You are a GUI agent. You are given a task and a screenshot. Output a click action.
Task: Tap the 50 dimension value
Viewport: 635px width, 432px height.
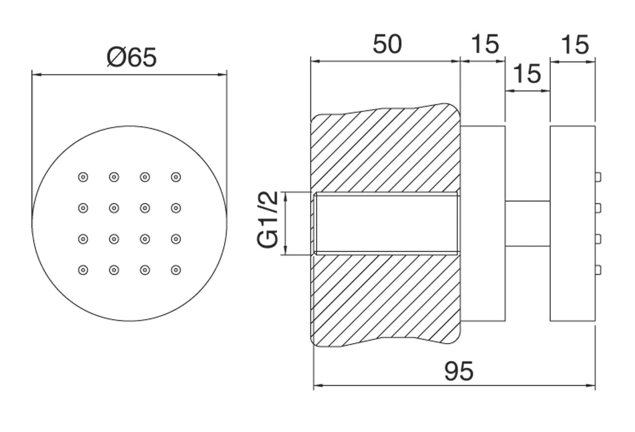click(387, 44)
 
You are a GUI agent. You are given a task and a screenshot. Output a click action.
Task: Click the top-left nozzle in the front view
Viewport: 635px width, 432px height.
click(83, 177)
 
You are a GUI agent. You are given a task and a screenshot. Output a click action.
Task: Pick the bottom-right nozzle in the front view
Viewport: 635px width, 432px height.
click(176, 270)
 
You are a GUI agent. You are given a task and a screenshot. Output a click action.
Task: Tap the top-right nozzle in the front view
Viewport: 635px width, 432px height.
click(176, 177)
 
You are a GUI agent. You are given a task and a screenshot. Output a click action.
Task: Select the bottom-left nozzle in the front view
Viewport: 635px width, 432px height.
click(83, 270)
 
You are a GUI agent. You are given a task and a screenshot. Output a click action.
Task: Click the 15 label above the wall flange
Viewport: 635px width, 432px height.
click(485, 44)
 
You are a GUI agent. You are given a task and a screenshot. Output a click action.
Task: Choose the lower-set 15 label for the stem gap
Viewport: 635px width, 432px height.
click(527, 73)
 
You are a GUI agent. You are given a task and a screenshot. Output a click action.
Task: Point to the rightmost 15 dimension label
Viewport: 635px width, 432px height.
click(575, 44)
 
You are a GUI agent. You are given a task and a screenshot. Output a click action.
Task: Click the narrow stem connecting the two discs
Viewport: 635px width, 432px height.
click(527, 223)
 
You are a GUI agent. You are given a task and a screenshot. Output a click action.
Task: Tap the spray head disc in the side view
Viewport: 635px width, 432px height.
click(573, 223)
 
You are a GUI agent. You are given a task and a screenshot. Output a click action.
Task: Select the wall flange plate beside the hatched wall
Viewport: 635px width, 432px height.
click(483, 223)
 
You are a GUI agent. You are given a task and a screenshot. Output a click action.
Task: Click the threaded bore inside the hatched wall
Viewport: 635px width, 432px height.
click(387, 223)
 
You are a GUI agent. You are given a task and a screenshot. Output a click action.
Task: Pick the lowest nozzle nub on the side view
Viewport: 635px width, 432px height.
click(598, 269)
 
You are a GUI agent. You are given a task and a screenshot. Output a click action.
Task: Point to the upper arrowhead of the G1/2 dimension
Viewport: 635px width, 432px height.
click(286, 195)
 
